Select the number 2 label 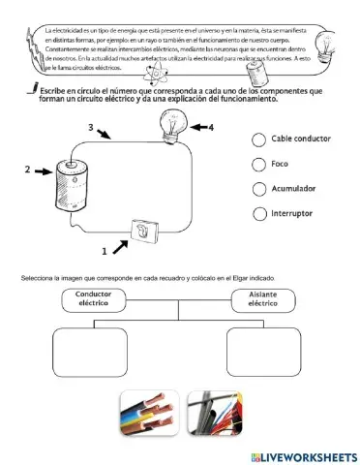(x=27, y=170)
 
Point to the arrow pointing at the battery (x=44, y=172)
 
